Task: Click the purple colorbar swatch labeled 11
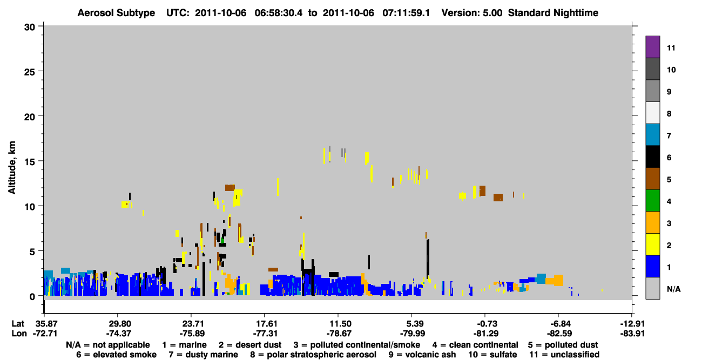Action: point(652,46)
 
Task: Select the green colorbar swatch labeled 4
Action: point(652,201)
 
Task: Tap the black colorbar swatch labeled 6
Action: point(652,157)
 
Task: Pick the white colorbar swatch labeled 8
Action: point(652,113)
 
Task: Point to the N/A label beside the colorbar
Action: point(673,289)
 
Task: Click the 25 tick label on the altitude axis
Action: point(30,72)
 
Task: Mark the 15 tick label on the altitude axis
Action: point(30,162)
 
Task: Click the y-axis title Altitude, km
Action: point(11,168)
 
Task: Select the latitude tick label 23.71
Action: point(193,324)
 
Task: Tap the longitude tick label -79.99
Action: point(413,334)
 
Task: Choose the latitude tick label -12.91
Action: point(632,324)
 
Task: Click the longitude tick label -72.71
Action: point(45,334)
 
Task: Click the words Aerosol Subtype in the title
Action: point(116,13)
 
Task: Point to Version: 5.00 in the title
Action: point(472,13)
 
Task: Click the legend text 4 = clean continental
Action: point(475,345)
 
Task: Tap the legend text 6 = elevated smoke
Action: point(116,355)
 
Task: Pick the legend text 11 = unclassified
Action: point(564,355)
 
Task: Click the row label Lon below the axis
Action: point(19,334)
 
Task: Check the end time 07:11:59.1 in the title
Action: point(406,13)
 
